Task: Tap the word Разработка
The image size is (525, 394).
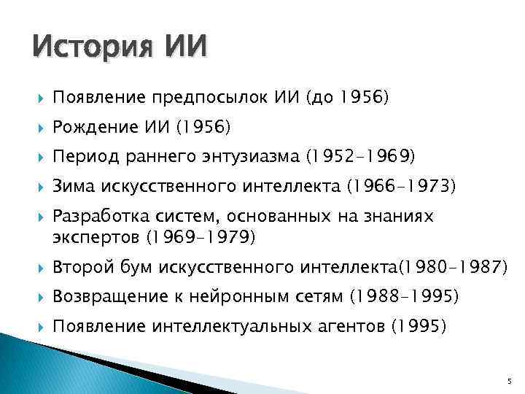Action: tap(94, 217)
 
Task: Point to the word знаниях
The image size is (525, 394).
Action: tap(398, 217)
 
